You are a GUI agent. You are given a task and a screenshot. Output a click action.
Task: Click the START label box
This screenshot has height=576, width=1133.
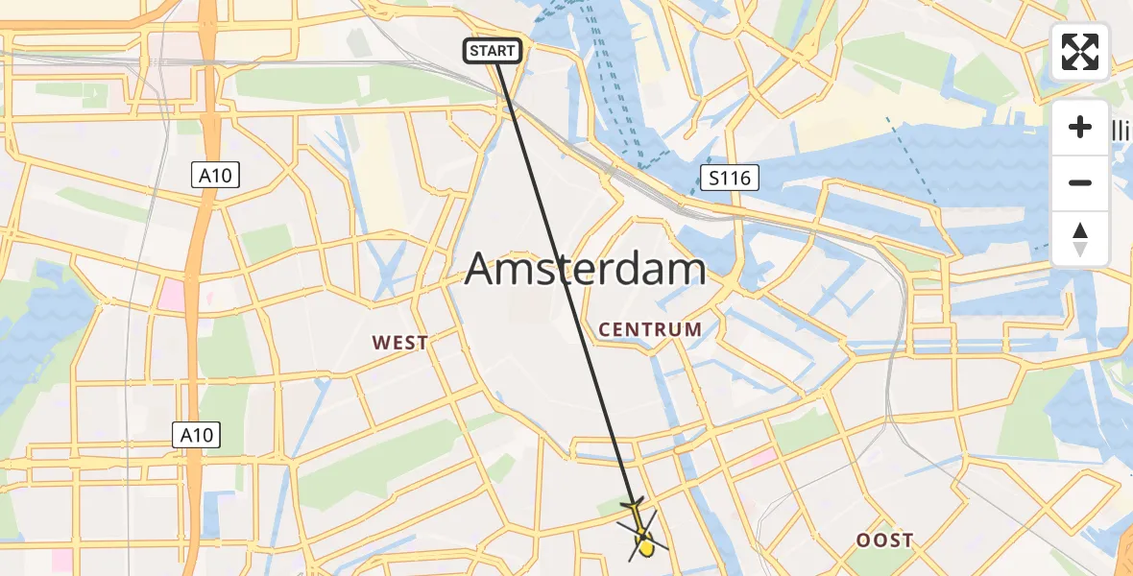pyautogui.click(x=494, y=51)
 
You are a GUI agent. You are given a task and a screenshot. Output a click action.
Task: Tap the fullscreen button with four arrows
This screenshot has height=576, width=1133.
pyautogui.click(x=1080, y=52)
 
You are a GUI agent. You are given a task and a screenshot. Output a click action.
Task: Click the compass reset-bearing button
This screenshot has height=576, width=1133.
pyautogui.click(x=1080, y=239)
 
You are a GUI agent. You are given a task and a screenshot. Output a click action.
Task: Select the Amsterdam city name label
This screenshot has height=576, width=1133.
pyautogui.click(x=586, y=270)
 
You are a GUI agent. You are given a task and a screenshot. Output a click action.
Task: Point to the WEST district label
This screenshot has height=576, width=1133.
pyautogui.click(x=400, y=343)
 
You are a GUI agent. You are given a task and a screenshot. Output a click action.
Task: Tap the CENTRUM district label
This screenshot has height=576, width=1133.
pyautogui.click(x=650, y=329)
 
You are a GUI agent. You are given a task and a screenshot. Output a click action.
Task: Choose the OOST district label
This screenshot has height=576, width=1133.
pyautogui.click(x=884, y=540)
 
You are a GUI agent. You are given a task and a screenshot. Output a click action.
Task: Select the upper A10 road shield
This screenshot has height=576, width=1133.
pyautogui.click(x=215, y=175)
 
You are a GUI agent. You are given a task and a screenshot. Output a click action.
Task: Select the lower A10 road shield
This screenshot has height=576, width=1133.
pyautogui.click(x=196, y=435)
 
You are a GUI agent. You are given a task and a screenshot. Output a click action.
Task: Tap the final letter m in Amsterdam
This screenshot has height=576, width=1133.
pyautogui.click(x=687, y=270)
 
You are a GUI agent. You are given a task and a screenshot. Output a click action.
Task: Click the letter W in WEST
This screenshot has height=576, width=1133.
pyautogui.click(x=380, y=343)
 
